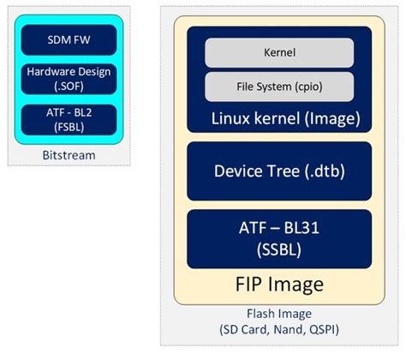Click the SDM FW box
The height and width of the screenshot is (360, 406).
coord(69,39)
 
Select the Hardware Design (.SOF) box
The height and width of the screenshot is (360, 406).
coord(69,79)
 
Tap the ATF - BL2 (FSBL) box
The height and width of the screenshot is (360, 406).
coord(69,118)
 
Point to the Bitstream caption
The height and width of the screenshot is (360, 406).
coord(69,156)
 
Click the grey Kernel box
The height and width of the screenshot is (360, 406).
coord(278,53)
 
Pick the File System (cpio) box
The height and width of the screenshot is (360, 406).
coord(278,86)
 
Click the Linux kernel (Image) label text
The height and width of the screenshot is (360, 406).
coord(278,117)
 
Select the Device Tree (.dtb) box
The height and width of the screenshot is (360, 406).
coord(278,171)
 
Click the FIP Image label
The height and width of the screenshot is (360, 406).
coord(278,284)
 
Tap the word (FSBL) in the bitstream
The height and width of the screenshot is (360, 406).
coord(69,127)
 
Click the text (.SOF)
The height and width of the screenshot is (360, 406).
coord(69,87)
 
